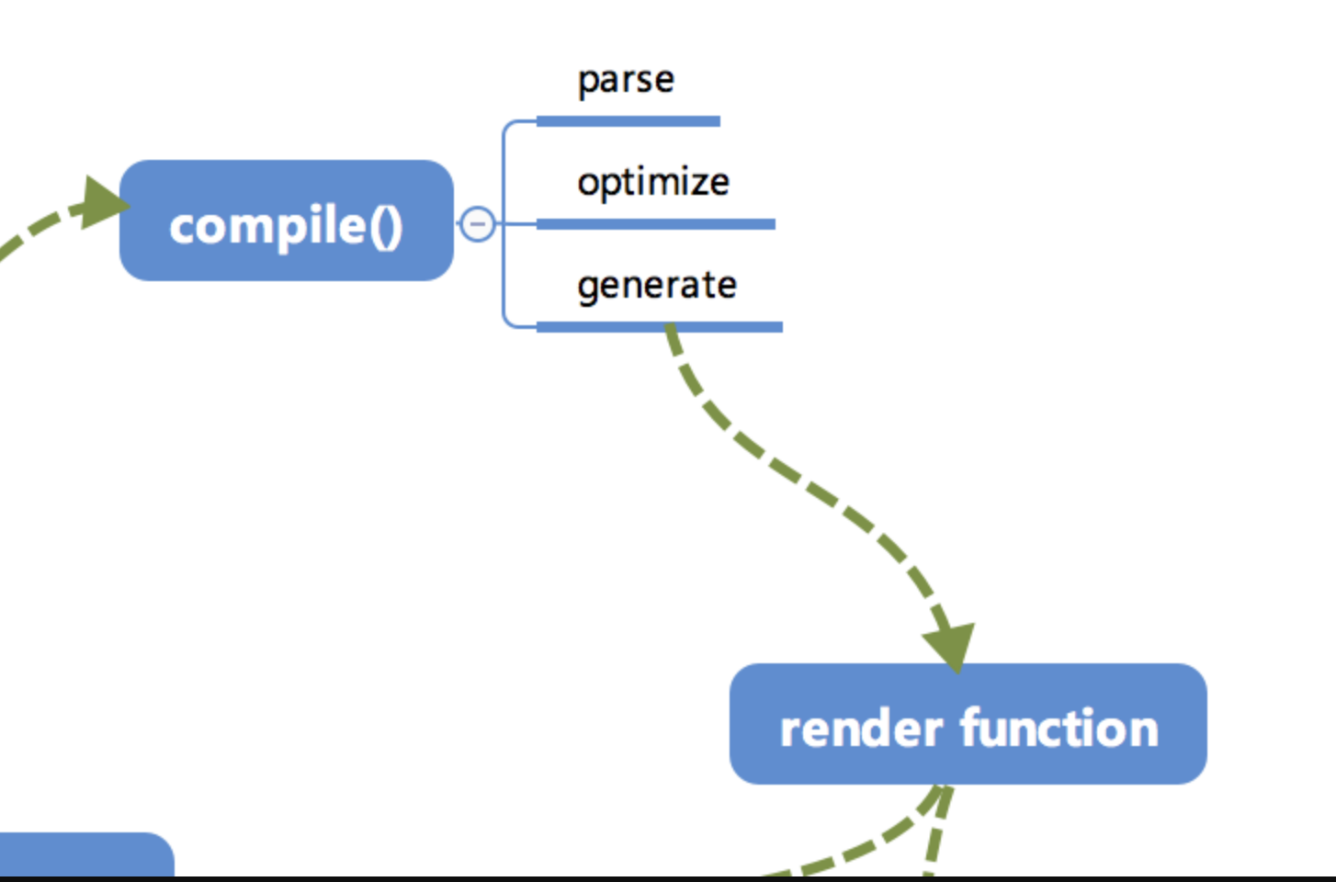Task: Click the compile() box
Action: tap(286, 220)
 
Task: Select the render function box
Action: tap(968, 724)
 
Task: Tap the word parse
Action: tap(626, 80)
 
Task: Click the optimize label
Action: tap(653, 182)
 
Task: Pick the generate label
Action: tap(657, 285)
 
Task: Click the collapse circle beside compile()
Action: tap(477, 223)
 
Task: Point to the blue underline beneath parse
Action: tap(628, 121)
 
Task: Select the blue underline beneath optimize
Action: tap(656, 224)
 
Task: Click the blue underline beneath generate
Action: tap(660, 327)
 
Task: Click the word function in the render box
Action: tap(1059, 729)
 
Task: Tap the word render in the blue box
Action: tap(861, 730)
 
